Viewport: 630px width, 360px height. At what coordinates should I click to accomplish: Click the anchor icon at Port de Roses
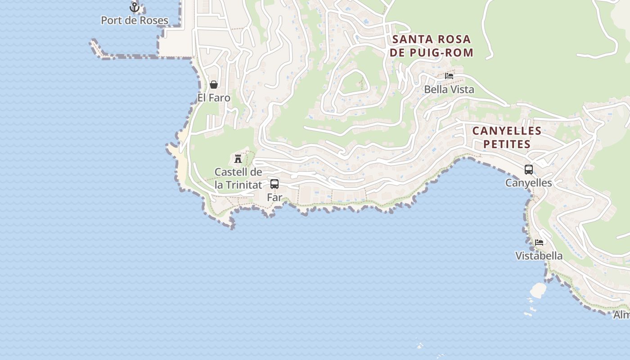pos(134,7)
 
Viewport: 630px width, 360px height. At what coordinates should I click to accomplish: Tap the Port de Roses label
pos(134,20)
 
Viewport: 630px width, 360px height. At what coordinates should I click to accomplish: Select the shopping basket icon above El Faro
pos(214,85)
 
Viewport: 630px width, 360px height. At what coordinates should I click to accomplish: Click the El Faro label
pos(214,98)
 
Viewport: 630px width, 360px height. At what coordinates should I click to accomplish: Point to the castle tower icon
pos(238,158)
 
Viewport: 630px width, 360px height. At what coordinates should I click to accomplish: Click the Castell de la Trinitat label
pos(238,178)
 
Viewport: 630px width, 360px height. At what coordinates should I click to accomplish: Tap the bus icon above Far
pos(274,184)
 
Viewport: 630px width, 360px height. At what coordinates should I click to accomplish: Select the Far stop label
pos(274,197)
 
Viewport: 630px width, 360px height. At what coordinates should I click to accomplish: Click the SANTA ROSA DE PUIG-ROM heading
pos(432,46)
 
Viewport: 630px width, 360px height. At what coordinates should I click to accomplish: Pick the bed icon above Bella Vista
pos(449,76)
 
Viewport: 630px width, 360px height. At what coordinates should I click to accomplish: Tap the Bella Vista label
pos(449,89)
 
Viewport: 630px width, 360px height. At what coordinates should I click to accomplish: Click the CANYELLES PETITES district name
pos(506,137)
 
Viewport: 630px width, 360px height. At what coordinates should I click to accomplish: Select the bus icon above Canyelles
pos(529,170)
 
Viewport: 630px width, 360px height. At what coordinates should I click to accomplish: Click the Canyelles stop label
pos(528,183)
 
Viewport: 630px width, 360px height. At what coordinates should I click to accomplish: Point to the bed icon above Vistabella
pos(539,242)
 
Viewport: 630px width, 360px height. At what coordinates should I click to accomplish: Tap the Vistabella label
pos(539,256)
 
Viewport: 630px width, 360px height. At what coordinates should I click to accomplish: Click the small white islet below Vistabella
pos(538,290)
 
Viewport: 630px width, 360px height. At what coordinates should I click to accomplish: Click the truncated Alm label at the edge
pos(621,315)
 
